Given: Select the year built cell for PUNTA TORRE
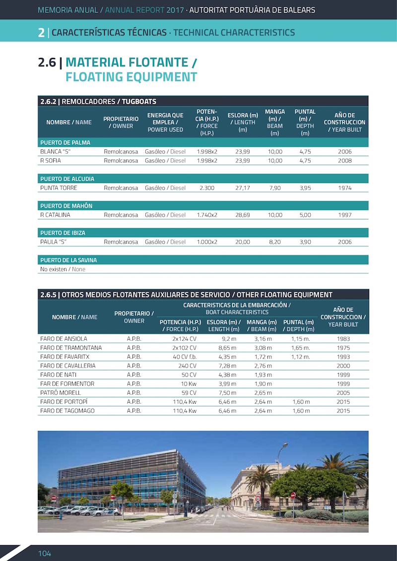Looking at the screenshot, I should tap(344, 188).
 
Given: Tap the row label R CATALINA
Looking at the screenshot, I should tap(55, 215).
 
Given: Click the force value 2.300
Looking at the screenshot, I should tap(206, 188).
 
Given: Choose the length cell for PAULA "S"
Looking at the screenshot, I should tap(243, 242).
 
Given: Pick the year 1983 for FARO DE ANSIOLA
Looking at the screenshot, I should tap(343, 339).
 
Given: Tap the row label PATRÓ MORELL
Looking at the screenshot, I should tap(60, 392).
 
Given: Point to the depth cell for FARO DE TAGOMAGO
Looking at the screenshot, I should tap(301, 411).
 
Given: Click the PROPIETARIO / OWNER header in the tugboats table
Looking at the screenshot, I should tap(121, 123).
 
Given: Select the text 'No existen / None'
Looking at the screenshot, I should tap(63, 269).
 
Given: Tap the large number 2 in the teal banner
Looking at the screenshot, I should tap(41, 33).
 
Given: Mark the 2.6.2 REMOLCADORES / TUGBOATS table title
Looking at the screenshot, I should tap(98, 102).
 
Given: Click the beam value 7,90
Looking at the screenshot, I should tap(275, 188).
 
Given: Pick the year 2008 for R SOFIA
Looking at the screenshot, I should tap(344, 161).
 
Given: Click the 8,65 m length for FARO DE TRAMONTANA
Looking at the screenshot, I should tap(227, 348).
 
